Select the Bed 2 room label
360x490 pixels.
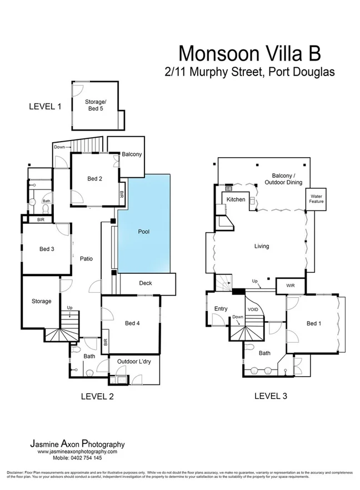(x=94, y=178)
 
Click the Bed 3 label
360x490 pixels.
(x=46, y=249)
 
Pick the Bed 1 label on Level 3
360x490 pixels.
(x=313, y=323)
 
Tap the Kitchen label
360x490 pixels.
(x=236, y=199)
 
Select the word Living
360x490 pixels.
(x=261, y=246)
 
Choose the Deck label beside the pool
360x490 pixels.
(x=146, y=283)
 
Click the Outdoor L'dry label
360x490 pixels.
(x=133, y=361)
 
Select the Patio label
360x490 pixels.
(x=86, y=258)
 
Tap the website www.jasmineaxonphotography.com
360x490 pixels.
(x=77, y=452)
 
